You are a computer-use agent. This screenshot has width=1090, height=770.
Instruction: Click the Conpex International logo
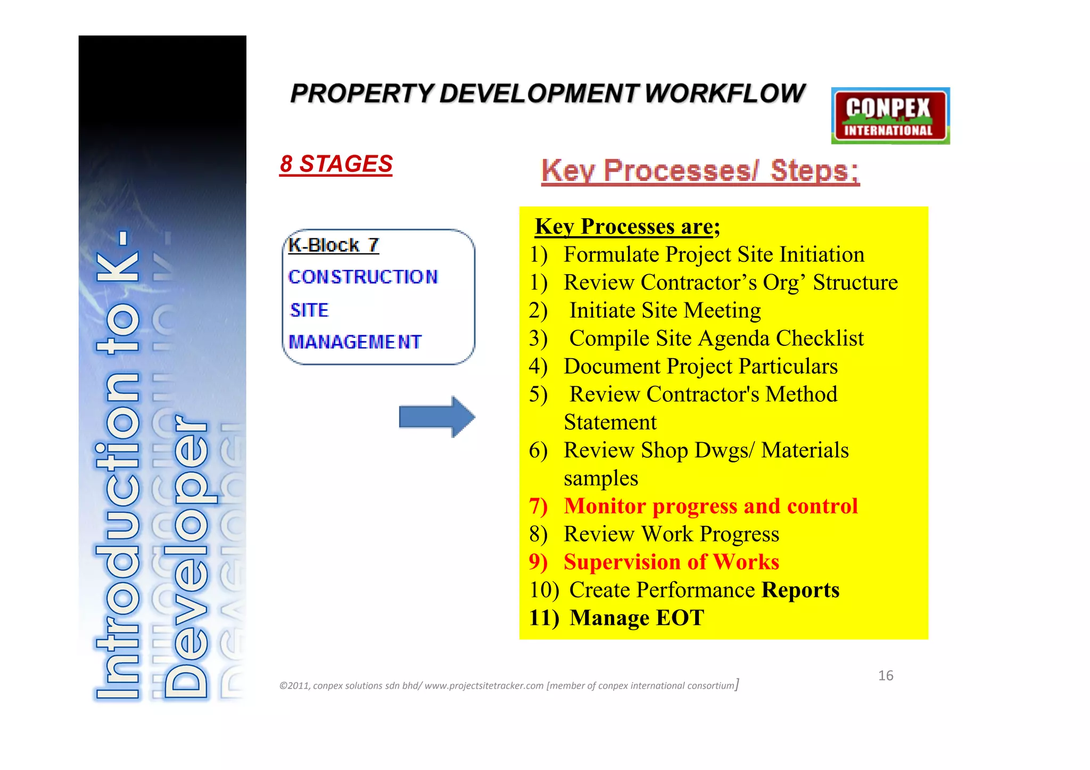[890, 116]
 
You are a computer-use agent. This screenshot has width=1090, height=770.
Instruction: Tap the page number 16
[886, 676]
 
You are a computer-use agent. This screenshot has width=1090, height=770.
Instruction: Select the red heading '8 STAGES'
[336, 164]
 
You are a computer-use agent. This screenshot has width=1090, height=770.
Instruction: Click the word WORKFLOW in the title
[724, 94]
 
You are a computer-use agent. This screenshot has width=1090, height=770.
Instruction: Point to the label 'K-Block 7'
[333, 245]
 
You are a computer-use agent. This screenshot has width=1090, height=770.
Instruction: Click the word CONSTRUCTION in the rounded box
[363, 277]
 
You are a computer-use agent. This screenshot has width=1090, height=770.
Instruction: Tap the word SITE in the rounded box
[309, 310]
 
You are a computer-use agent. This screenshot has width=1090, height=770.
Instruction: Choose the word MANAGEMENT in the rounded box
[355, 342]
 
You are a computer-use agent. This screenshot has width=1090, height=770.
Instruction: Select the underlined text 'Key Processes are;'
[627, 227]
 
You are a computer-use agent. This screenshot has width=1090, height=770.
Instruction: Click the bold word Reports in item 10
[800, 590]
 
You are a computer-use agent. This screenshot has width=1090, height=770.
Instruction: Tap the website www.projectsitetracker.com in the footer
[484, 686]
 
